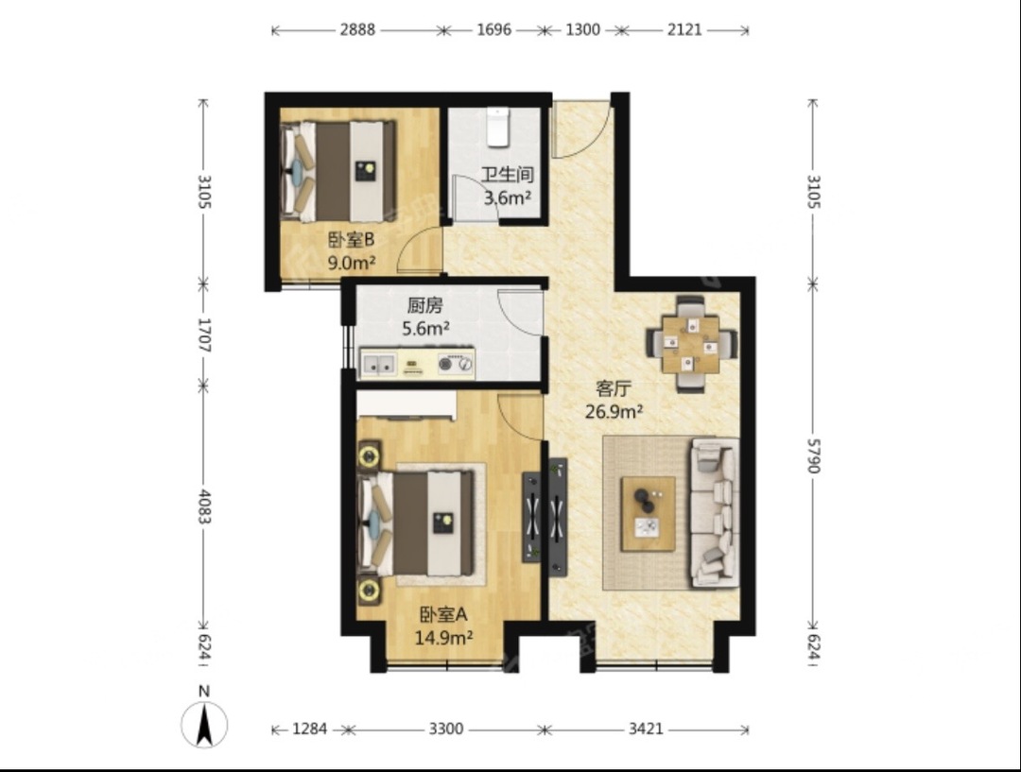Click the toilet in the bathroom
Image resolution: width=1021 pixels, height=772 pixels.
498,127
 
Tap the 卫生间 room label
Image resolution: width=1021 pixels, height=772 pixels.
508,175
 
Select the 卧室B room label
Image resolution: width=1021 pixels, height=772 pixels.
351,240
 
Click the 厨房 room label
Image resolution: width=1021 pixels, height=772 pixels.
425,305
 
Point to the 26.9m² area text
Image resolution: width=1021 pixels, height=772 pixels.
614,411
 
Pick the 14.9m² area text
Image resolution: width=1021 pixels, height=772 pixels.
443,637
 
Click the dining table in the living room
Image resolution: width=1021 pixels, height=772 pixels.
691,344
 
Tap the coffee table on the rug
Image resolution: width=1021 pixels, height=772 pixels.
648,514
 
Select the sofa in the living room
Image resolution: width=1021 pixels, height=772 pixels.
715,512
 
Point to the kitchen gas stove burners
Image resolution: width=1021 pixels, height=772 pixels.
455,364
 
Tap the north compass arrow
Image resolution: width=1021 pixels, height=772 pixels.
204,724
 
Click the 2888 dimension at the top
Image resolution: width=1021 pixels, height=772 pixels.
357,29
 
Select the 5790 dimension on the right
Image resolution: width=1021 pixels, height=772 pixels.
814,455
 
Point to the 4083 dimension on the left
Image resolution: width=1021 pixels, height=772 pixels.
204,506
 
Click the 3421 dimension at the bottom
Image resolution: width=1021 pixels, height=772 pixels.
646,729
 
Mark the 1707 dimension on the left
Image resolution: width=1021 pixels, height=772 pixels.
204,335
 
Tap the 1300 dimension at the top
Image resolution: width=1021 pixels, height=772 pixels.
582,29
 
